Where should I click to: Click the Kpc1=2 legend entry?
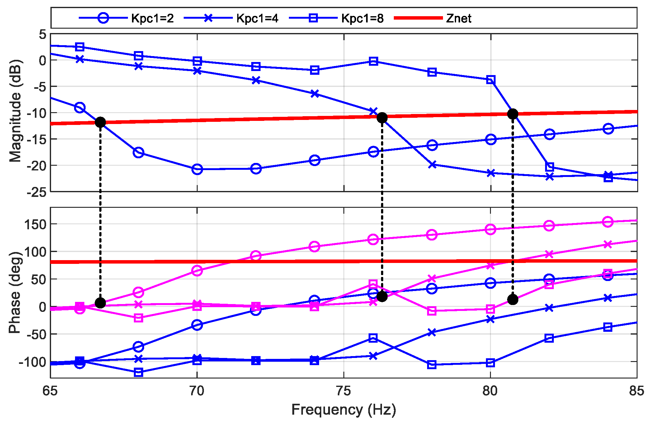[x=152, y=18]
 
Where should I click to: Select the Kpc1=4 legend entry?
[x=257, y=18]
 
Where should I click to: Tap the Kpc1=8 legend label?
[x=362, y=18]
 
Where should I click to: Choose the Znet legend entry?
[x=458, y=18]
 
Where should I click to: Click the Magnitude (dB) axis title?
[x=15, y=111]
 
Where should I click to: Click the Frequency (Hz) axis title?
[x=343, y=410]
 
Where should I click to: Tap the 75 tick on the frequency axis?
[x=343, y=391]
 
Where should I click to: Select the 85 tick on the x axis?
[x=636, y=391]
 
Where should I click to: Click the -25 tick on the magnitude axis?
[x=36, y=192]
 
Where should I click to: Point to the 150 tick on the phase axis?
[x=35, y=224]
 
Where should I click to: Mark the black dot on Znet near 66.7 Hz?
[x=100, y=122]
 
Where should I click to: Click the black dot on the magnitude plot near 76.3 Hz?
[x=382, y=118]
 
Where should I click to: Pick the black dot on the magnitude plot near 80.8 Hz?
[x=513, y=114]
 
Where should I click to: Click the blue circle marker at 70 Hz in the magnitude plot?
[x=197, y=169]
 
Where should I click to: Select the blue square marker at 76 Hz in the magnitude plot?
[x=374, y=61]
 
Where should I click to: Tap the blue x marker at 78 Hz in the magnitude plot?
[x=432, y=165]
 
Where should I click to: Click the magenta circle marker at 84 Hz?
[x=608, y=222]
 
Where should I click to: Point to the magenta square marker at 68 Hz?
[x=139, y=318]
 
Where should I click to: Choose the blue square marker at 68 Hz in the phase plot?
[x=139, y=372]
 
